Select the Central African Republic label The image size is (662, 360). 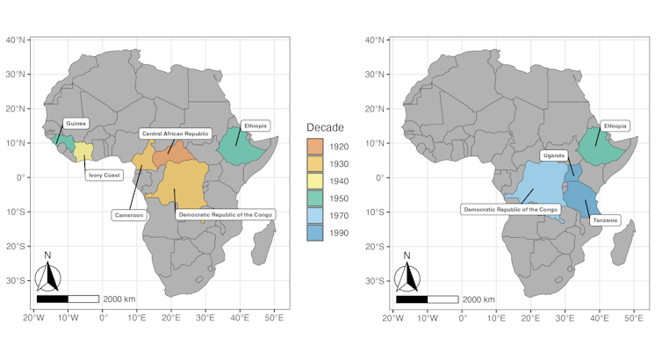[175, 133]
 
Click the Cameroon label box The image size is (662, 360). [128, 214]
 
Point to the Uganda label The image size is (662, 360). [553, 155]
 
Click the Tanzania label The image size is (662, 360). [606, 220]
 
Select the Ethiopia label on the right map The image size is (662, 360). [615, 126]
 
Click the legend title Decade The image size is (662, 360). [325, 127]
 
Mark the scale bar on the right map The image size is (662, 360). [427, 299]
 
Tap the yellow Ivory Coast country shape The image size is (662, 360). [83, 151]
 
